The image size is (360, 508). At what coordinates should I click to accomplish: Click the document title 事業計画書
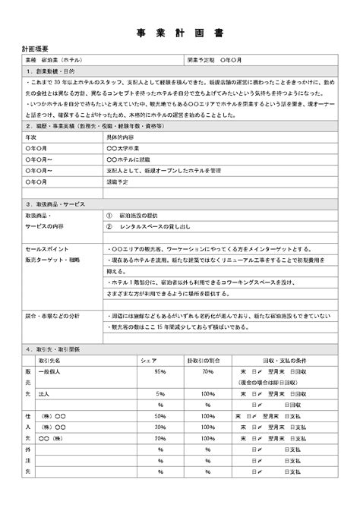pos(179,33)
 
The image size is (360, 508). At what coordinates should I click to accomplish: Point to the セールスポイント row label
pos(48,249)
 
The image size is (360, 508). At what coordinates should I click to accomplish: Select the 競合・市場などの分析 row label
pos(52,314)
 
